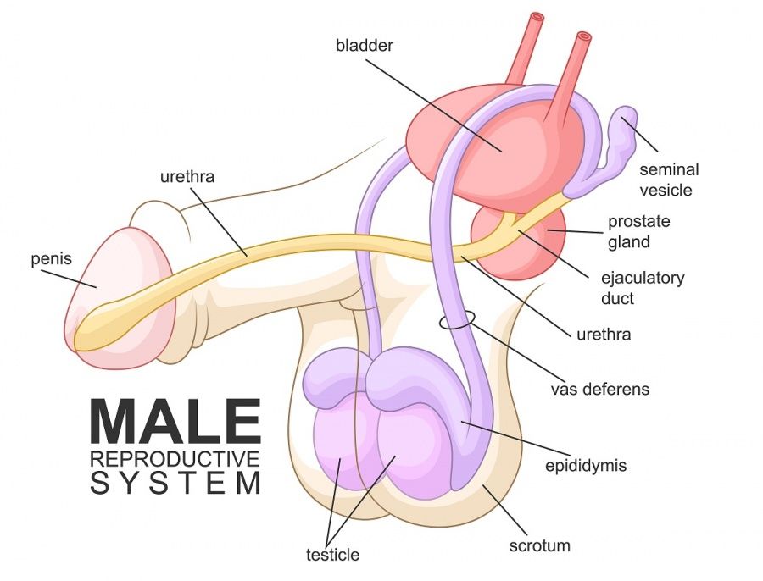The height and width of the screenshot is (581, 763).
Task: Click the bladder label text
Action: point(365,46)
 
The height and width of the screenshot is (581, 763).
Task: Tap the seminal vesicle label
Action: point(669,180)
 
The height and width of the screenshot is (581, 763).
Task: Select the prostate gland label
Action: point(639,231)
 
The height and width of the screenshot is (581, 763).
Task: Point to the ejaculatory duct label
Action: point(643,288)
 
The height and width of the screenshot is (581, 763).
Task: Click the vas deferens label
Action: point(600,389)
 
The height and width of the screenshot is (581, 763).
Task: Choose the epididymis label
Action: point(585,466)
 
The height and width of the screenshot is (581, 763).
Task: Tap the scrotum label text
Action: point(540,545)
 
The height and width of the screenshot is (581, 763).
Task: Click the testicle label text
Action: point(333,555)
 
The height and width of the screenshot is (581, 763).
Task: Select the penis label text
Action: point(51,258)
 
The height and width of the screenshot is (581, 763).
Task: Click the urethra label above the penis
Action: point(187,176)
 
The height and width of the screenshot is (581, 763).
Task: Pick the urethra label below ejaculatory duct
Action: point(604,335)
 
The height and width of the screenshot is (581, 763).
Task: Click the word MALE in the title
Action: point(175,421)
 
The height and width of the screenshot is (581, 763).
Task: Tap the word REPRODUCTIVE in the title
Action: point(175,459)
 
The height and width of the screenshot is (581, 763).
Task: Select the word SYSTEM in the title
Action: point(175,484)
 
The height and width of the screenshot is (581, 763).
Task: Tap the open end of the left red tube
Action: point(537,17)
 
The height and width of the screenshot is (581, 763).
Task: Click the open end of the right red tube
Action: point(583,36)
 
